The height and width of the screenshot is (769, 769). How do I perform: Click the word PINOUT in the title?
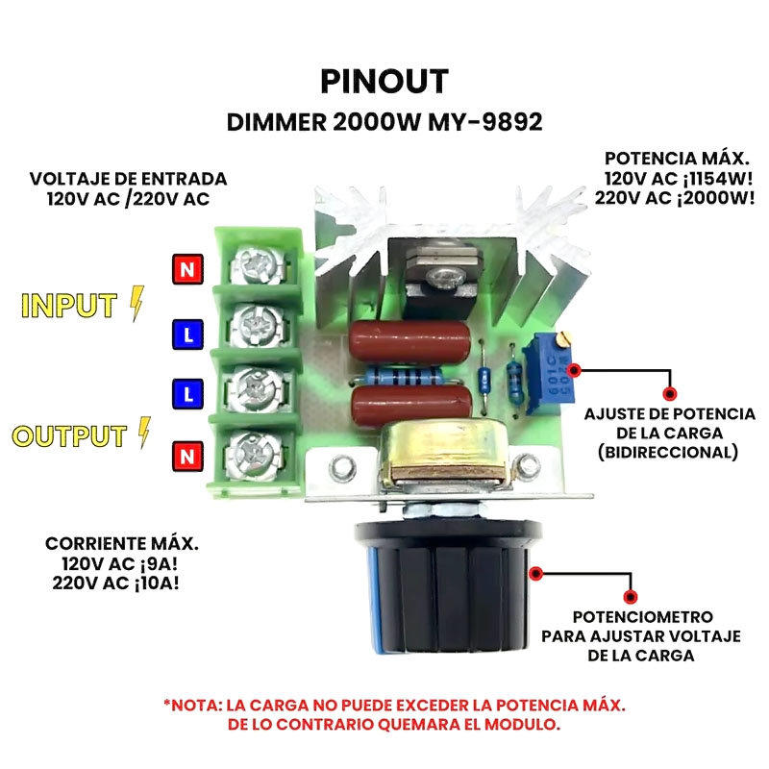[384, 82]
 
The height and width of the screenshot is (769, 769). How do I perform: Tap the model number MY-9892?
[485, 122]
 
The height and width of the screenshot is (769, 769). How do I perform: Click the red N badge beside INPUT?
[187, 269]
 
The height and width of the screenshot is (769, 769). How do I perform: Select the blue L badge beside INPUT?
[187, 335]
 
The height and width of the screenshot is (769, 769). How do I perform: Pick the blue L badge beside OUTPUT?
[187, 394]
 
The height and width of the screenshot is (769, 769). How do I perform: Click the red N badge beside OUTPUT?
[187, 456]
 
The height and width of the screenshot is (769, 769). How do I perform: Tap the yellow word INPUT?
[69, 305]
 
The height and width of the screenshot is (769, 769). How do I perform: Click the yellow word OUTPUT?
[69, 435]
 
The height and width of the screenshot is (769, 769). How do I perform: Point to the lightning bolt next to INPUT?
[137, 304]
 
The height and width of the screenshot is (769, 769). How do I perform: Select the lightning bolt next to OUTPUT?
[144, 433]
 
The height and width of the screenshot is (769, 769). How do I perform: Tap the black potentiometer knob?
[447, 587]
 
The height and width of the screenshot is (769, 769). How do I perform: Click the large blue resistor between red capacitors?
[404, 378]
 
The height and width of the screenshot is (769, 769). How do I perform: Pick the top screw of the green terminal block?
[257, 265]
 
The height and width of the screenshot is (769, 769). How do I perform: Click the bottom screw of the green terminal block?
[255, 454]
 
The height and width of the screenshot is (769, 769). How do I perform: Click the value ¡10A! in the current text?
[155, 583]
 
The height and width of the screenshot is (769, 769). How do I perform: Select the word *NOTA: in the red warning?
[193, 706]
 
